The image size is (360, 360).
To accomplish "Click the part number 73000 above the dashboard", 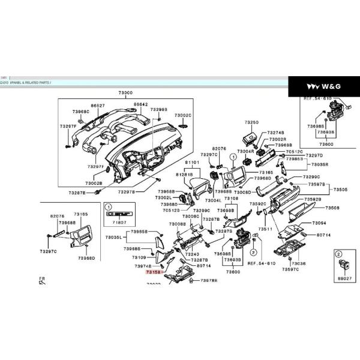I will coord(125,93).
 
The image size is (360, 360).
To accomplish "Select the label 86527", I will coord(98,106).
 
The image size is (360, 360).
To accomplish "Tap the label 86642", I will coord(141,104).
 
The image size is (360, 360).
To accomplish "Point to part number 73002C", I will coord(182,115).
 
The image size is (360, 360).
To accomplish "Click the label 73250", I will coord(251,122).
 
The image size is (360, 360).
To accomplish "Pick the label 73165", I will coord(266,172).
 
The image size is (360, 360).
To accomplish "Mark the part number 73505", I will coord(340,189).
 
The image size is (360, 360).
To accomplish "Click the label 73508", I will coord(332,208).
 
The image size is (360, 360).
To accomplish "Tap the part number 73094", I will coord(319,223).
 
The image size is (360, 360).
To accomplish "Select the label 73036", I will coord(298,263).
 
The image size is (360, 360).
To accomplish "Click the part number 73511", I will coord(265,229).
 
